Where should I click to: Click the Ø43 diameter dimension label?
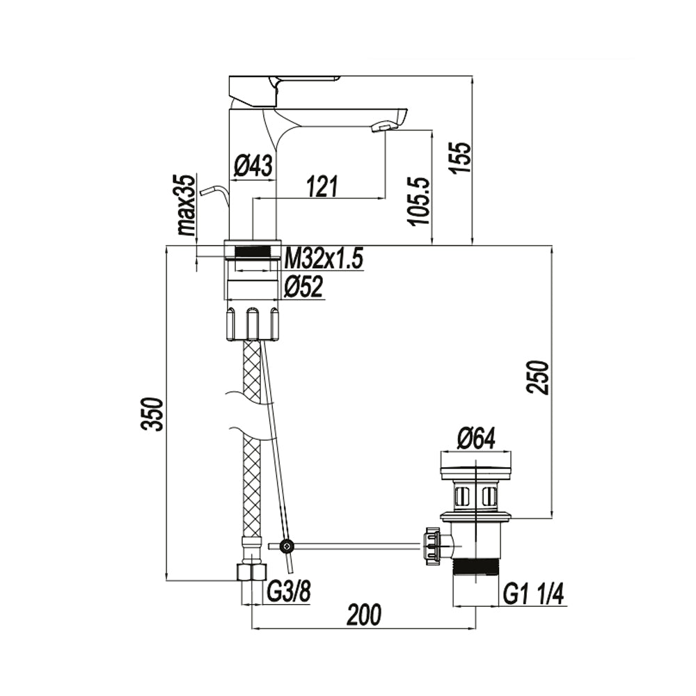[x=253, y=167]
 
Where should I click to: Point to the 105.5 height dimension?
[x=420, y=202]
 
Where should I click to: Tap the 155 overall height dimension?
[x=461, y=158]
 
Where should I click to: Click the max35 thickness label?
[x=187, y=205]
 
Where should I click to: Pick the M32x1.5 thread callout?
[x=324, y=259]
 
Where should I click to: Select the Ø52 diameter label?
[x=303, y=287]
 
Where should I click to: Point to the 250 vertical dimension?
[x=537, y=377]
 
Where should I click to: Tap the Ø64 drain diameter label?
[x=476, y=438]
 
